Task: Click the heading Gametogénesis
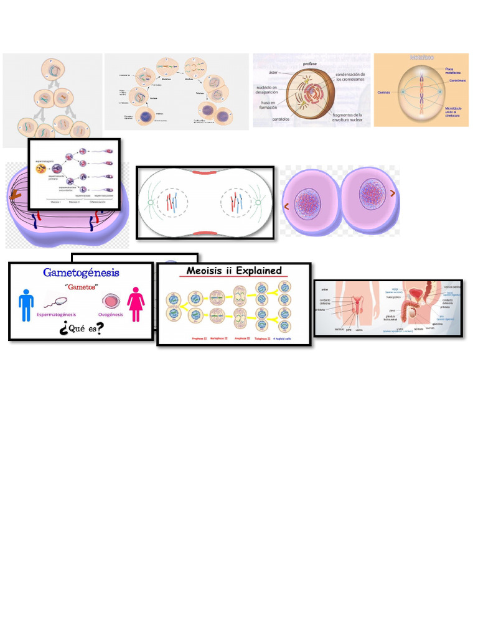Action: point(81,272)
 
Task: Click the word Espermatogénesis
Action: point(62,315)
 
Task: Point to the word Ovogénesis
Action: point(110,315)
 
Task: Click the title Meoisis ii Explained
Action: point(234,271)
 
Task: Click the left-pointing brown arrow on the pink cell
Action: point(286,206)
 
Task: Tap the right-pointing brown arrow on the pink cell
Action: point(393,193)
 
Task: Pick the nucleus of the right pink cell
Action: point(372,195)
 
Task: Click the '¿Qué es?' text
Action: point(81,328)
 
